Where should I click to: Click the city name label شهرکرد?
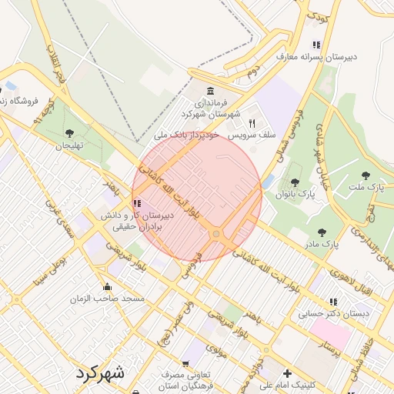99,373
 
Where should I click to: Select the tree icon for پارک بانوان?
295,182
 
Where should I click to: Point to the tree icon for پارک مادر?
322,232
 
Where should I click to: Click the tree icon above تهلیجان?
70,133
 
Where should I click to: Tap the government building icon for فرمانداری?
212,90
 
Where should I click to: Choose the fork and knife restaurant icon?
251,123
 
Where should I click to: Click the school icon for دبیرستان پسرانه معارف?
316,45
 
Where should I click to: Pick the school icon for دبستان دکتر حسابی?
333,302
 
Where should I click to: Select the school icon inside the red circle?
137,204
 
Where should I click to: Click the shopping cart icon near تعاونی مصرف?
185,363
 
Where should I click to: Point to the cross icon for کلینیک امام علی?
287,374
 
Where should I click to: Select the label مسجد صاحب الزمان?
108,298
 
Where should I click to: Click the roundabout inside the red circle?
217,234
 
